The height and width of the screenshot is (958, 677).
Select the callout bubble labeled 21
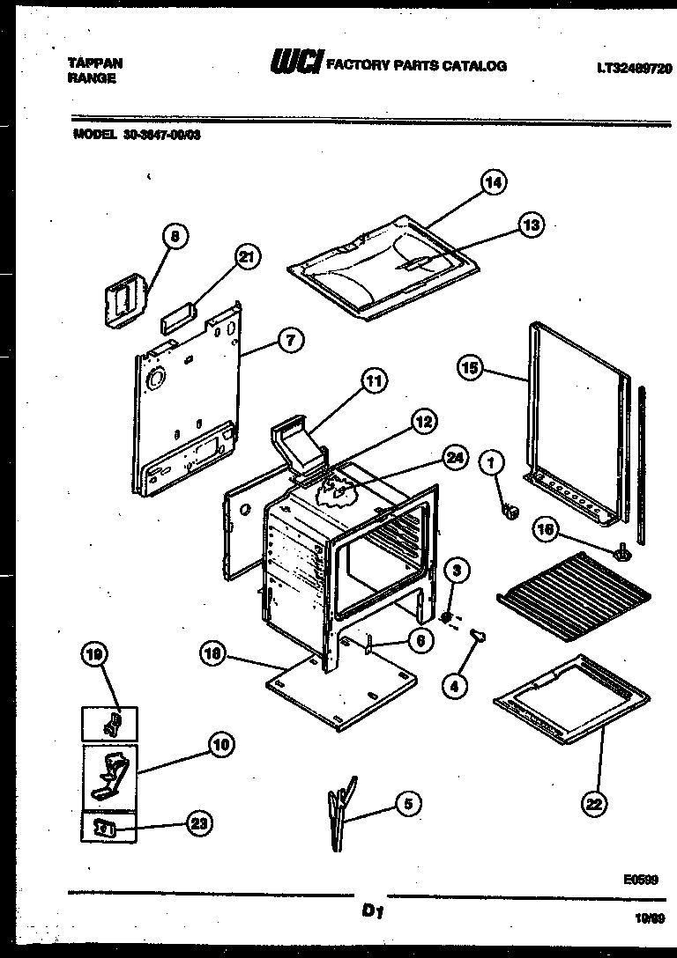click(x=248, y=257)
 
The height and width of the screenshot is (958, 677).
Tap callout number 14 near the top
click(x=494, y=183)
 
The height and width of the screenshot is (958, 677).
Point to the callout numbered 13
click(x=531, y=225)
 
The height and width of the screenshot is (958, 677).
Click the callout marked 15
click(x=471, y=368)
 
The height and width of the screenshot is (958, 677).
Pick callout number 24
click(x=454, y=458)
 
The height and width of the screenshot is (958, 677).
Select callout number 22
click(x=594, y=802)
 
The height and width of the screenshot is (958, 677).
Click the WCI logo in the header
click(x=297, y=64)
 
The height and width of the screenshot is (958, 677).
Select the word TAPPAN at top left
click(x=94, y=63)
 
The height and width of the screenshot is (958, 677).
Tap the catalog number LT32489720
click(x=632, y=67)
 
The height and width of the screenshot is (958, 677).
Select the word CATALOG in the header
click(x=478, y=66)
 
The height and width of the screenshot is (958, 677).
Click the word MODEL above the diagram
click(x=92, y=136)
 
